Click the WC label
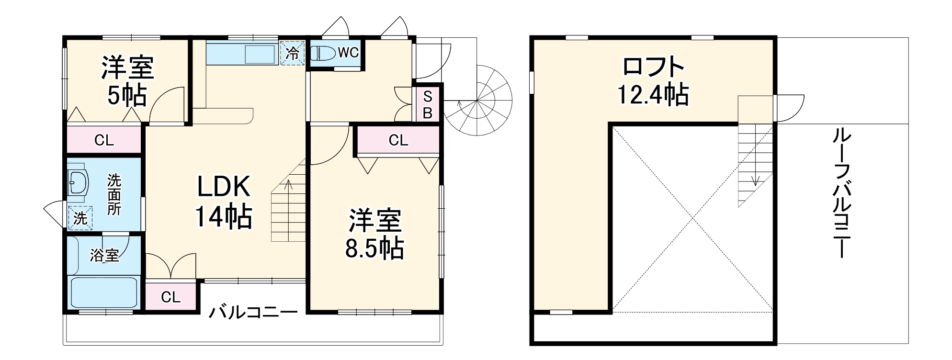[x=348, y=53]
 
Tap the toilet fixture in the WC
[x=324, y=53]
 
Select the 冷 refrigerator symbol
[x=292, y=53]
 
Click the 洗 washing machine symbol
[x=80, y=218]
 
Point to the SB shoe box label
[x=428, y=105]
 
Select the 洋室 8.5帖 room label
[x=374, y=234]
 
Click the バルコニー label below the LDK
[x=253, y=312]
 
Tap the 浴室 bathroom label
[x=104, y=255]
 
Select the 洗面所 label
[x=114, y=194]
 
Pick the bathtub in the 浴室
[x=104, y=292]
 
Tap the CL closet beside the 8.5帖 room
[x=398, y=140]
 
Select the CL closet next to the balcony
[x=170, y=297]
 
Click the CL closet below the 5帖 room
[x=104, y=140]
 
